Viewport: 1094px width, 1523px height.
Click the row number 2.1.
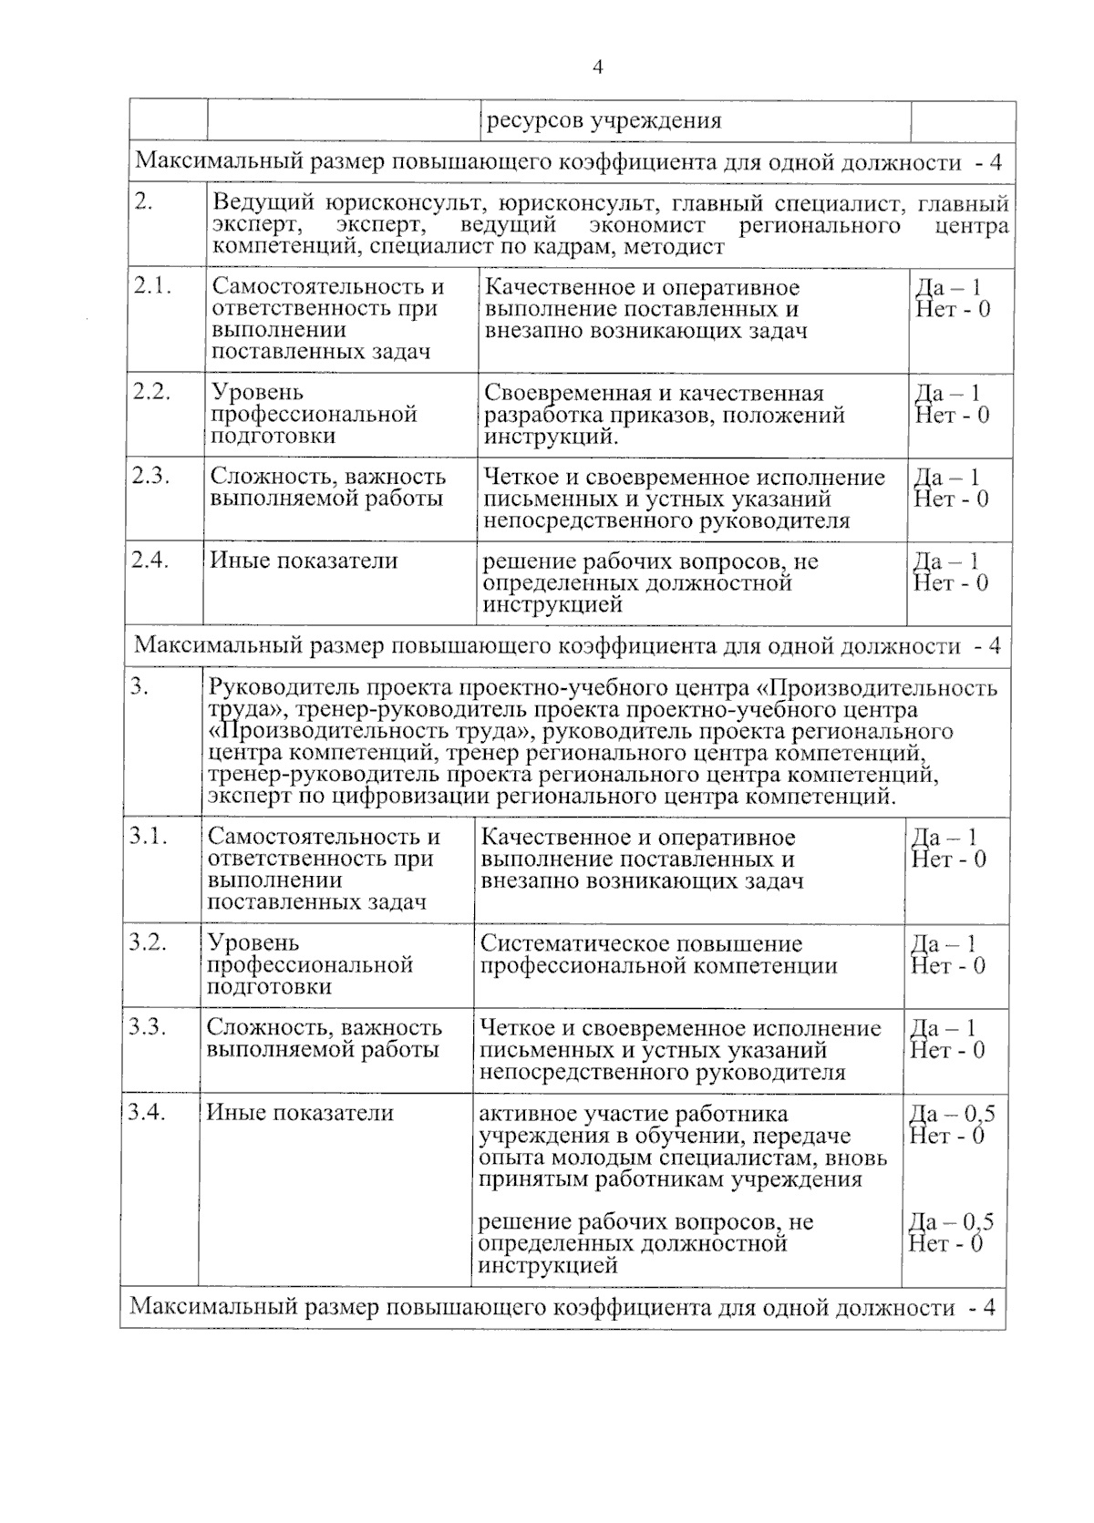tap(153, 286)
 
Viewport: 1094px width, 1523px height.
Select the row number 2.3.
tap(152, 476)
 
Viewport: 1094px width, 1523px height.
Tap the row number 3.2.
tap(148, 942)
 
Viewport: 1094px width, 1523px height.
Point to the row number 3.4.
tap(147, 1112)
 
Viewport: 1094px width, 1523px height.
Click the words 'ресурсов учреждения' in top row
tap(604, 121)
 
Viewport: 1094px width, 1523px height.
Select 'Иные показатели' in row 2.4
tap(304, 561)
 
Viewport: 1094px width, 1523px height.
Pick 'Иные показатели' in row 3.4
tap(300, 1113)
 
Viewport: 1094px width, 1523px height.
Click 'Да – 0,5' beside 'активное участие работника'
tap(952, 1114)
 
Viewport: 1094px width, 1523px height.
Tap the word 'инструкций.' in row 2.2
tap(552, 437)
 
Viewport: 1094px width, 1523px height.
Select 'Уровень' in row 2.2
tap(258, 393)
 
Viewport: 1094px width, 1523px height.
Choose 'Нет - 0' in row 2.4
tap(952, 583)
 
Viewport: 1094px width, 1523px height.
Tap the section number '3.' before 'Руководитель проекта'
tap(139, 688)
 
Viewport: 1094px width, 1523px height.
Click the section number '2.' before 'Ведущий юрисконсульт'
tap(143, 202)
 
